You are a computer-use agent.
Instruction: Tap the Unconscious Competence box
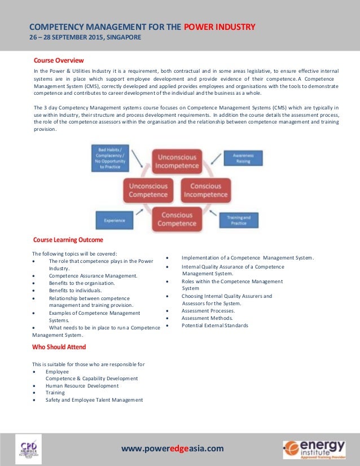click(148, 190)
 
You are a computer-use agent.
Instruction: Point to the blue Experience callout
click(115, 220)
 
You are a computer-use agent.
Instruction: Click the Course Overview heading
click(59, 60)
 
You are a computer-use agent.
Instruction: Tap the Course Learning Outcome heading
click(68, 240)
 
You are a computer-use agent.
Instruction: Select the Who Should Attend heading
click(59, 346)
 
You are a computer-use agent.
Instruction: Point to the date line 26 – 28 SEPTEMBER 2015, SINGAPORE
click(85, 38)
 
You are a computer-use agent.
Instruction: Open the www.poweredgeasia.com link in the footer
click(173, 449)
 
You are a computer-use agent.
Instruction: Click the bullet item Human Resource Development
click(82, 386)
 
